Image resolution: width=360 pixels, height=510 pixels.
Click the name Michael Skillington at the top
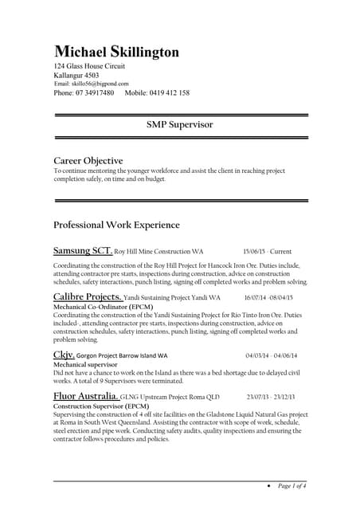(116, 52)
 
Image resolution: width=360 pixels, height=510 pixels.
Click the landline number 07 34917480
(84, 93)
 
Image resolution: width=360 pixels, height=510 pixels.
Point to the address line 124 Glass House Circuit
(89, 66)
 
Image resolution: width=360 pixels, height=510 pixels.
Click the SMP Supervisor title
(179, 125)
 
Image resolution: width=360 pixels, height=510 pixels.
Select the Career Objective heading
(88, 160)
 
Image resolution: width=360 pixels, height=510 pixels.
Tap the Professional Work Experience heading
(116, 225)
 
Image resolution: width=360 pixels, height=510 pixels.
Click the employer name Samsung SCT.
(83, 250)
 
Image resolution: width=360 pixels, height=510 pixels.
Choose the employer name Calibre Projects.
(88, 296)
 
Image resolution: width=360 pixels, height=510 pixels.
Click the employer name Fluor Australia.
(86, 396)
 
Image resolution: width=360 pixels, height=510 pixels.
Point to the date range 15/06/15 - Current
(268, 251)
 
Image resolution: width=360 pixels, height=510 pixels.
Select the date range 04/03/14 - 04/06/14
(272, 355)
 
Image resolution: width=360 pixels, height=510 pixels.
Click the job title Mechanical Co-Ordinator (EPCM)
(103, 306)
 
